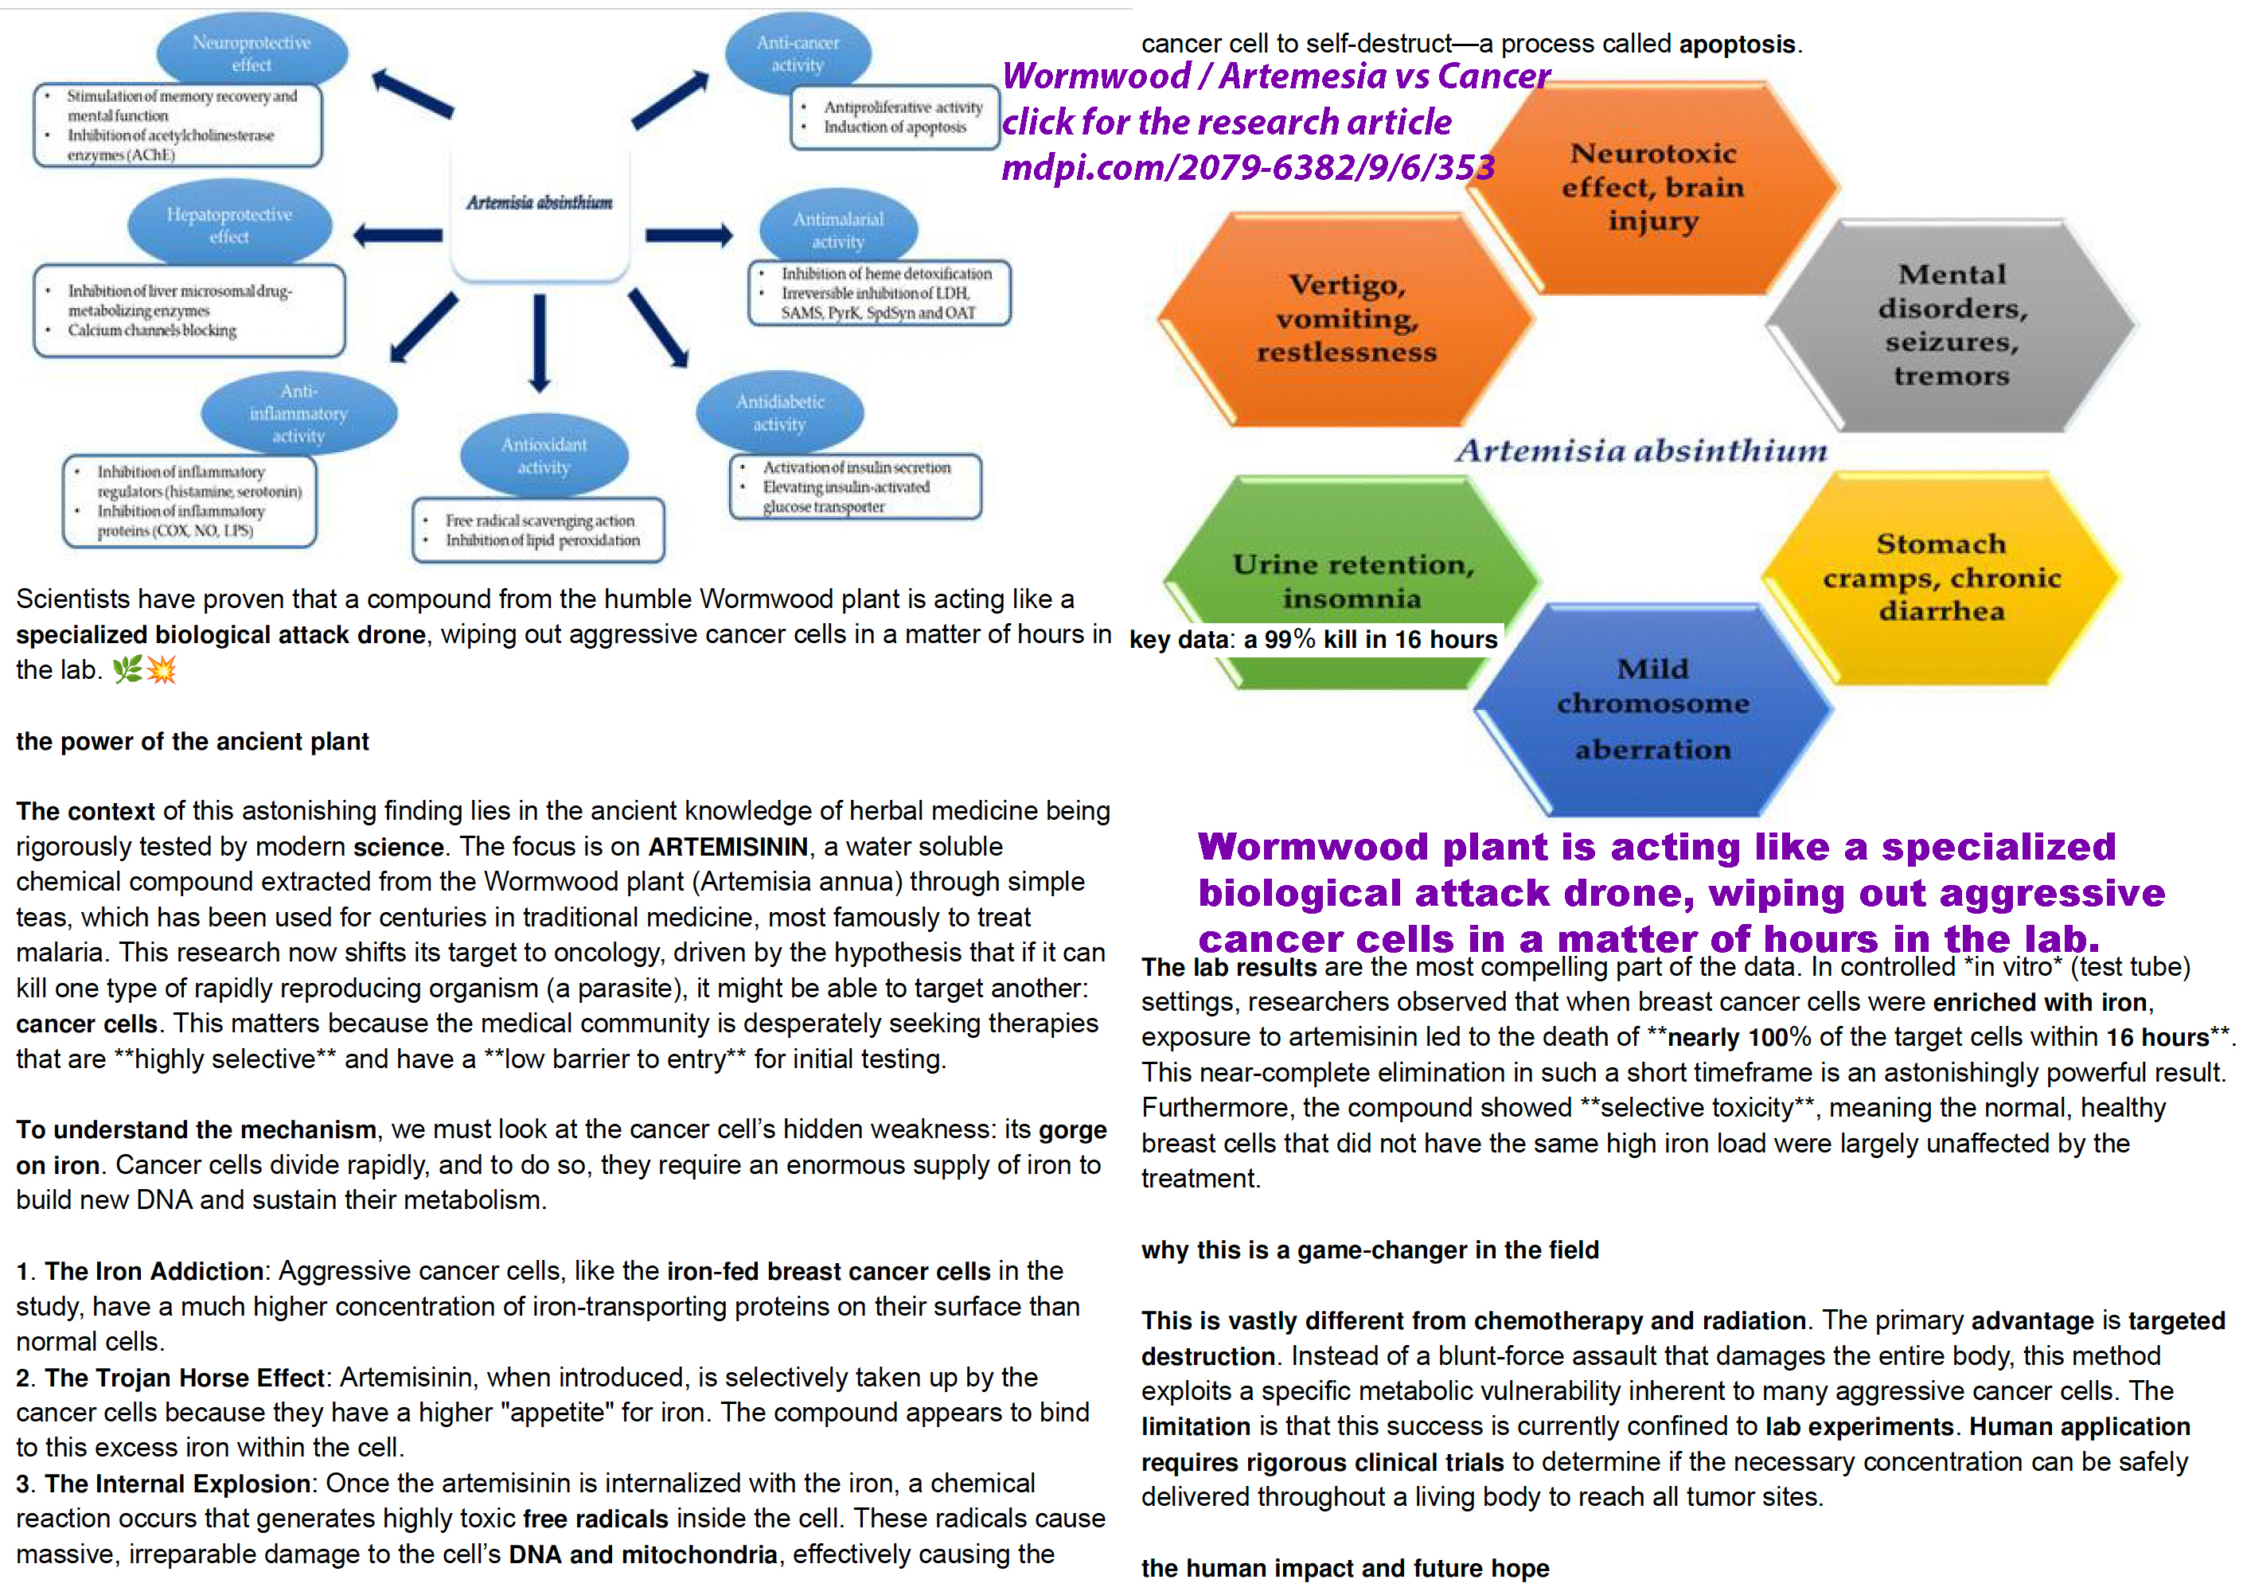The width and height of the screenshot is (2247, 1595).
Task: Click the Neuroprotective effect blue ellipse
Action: [252, 51]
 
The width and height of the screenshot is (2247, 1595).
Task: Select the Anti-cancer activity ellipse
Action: [798, 53]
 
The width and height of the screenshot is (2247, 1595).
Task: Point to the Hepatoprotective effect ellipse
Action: [228, 225]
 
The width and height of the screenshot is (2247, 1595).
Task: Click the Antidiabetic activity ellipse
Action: [780, 412]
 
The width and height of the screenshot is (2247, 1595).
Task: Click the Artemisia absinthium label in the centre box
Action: [539, 202]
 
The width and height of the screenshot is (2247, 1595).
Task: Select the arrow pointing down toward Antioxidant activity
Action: [539, 341]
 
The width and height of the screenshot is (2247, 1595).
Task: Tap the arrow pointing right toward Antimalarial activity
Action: [689, 235]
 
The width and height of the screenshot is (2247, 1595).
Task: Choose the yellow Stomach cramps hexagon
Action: [1941, 578]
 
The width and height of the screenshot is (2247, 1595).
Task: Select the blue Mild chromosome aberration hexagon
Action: [1653, 709]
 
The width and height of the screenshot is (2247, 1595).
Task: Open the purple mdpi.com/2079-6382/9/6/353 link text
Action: [1247, 168]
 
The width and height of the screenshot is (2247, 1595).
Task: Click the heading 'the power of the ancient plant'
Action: [193, 742]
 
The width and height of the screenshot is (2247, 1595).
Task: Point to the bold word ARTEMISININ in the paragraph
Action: [728, 847]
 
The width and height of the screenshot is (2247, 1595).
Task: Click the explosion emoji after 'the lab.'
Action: [161, 670]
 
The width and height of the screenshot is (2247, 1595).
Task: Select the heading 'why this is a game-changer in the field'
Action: [1370, 1250]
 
